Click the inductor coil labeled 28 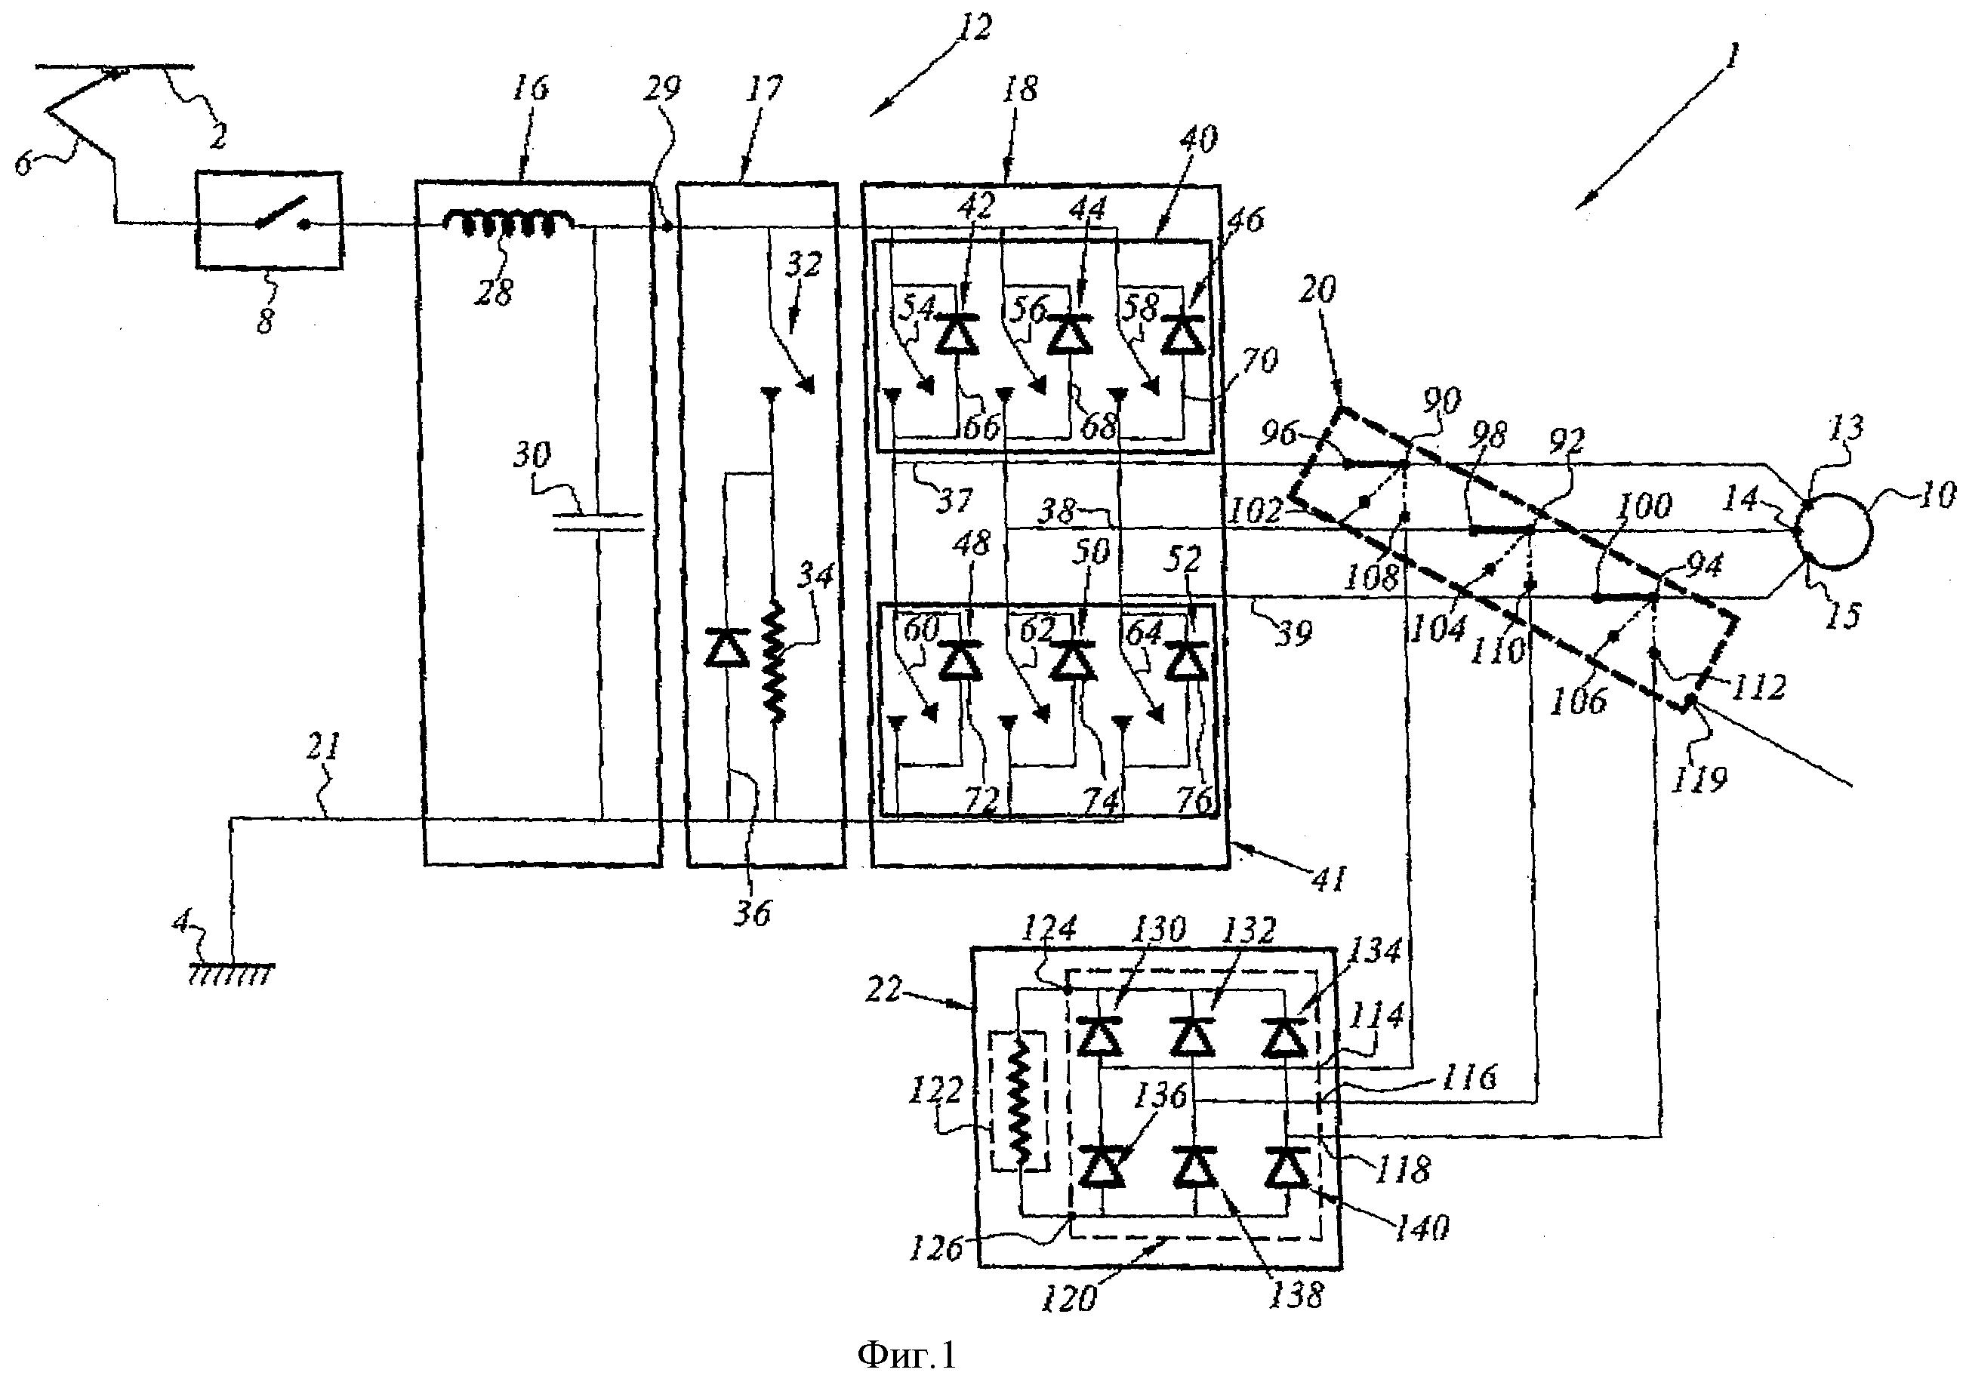point(509,223)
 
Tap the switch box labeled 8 point(269,222)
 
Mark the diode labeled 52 point(1185,661)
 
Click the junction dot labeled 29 point(666,227)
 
